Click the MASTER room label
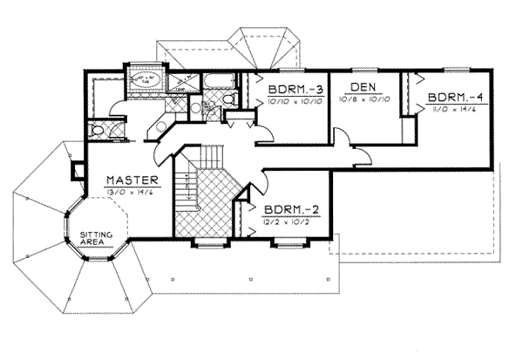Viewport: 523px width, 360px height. pos(131,180)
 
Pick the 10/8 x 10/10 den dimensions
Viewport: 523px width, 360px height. pos(363,100)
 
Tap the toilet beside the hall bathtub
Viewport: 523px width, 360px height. pos(228,101)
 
